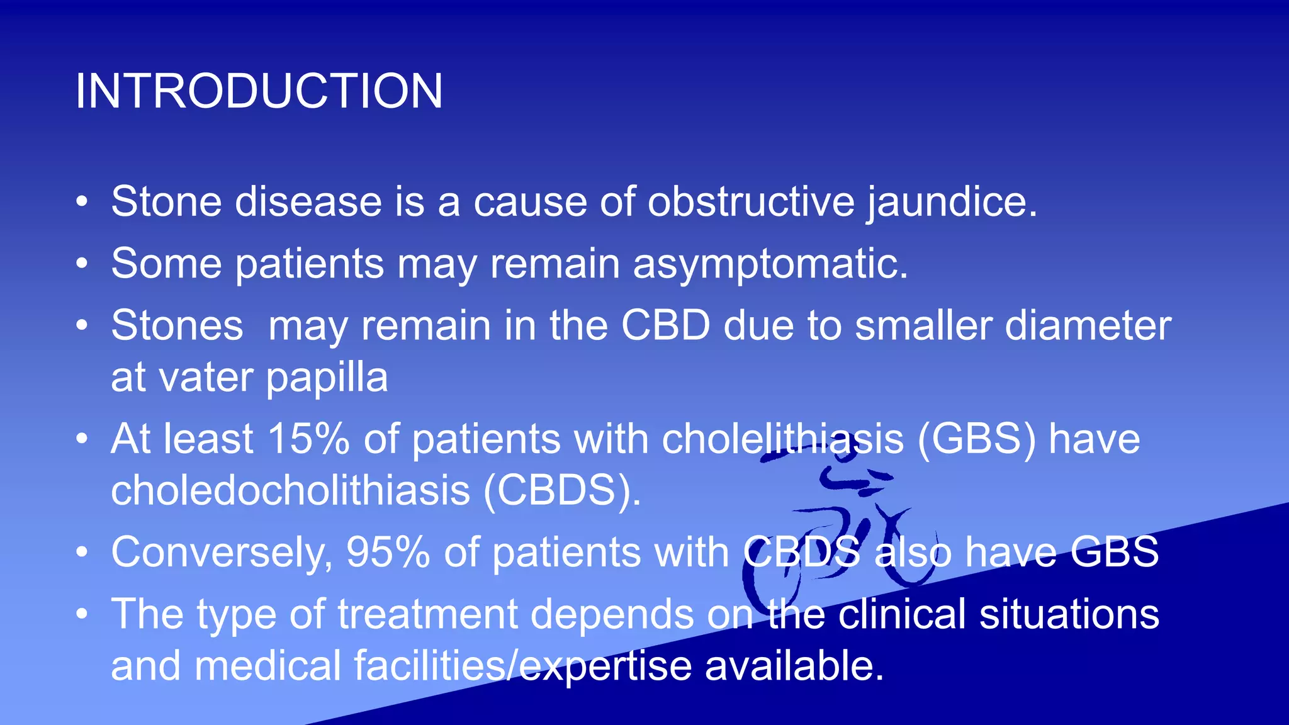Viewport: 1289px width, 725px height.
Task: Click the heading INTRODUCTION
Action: [259, 91]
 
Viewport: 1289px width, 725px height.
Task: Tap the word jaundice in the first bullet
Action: [952, 203]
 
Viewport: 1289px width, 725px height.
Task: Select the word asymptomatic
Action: [770, 264]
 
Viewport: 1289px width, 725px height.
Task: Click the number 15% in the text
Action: [308, 439]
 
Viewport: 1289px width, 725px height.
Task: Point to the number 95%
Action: [388, 553]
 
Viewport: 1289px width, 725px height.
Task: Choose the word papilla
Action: [327, 378]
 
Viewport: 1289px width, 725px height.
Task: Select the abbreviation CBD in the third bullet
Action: [666, 326]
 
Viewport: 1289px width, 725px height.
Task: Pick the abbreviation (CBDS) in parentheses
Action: [562, 490]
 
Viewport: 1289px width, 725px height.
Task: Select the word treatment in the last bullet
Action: [427, 614]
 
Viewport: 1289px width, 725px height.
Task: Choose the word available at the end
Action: [794, 666]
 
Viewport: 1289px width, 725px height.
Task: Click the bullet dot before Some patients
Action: [82, 264]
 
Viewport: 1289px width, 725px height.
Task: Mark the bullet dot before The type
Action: [82, 615]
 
